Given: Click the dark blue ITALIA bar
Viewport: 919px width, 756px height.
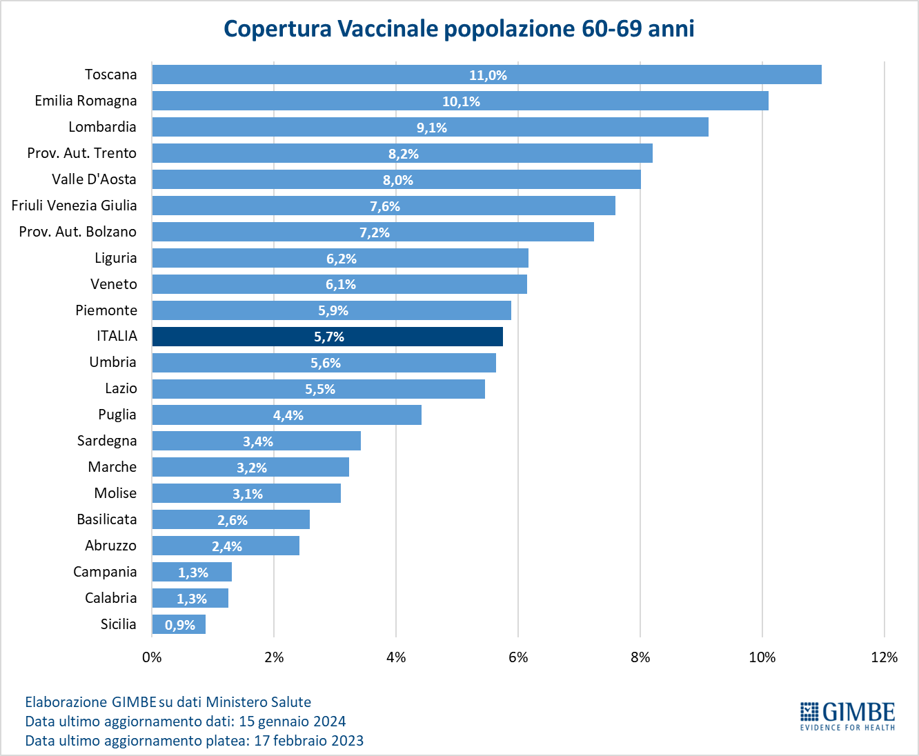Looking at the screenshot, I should tap(327, 337).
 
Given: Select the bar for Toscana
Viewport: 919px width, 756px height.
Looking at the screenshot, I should tap(486, 74).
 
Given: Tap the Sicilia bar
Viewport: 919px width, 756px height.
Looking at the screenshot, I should tap(179, 624).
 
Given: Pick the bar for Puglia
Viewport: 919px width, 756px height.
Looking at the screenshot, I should tap(286, 415).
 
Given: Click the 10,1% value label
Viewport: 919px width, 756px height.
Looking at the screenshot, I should tap(461, 101).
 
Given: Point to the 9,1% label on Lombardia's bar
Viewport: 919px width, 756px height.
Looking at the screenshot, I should tap(432, 128).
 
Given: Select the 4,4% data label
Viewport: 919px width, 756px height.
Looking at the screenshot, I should tap(288, 415).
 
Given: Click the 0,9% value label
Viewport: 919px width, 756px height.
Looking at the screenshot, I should tap(180, 625).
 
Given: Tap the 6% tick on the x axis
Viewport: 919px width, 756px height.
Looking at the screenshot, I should tap(518, 657).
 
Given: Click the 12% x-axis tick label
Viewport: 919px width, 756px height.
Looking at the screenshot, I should tap(885, 657).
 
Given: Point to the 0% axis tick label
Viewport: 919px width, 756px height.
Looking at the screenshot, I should tap(152, 657).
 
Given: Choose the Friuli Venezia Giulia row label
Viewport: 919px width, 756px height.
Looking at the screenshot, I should tap(75, 206).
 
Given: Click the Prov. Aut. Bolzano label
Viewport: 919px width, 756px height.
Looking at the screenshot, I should tap(78, 232).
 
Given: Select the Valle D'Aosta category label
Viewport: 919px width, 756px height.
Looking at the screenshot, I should tap(94, 179).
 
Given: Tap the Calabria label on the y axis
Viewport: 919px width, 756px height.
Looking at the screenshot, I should tap(111, 598).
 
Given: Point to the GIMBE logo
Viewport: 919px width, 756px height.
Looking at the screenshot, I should tap(847, 715).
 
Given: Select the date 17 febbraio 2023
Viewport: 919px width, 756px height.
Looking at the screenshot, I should tap(308, 741).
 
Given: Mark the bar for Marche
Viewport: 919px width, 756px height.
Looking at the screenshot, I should tap(250, 467).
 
